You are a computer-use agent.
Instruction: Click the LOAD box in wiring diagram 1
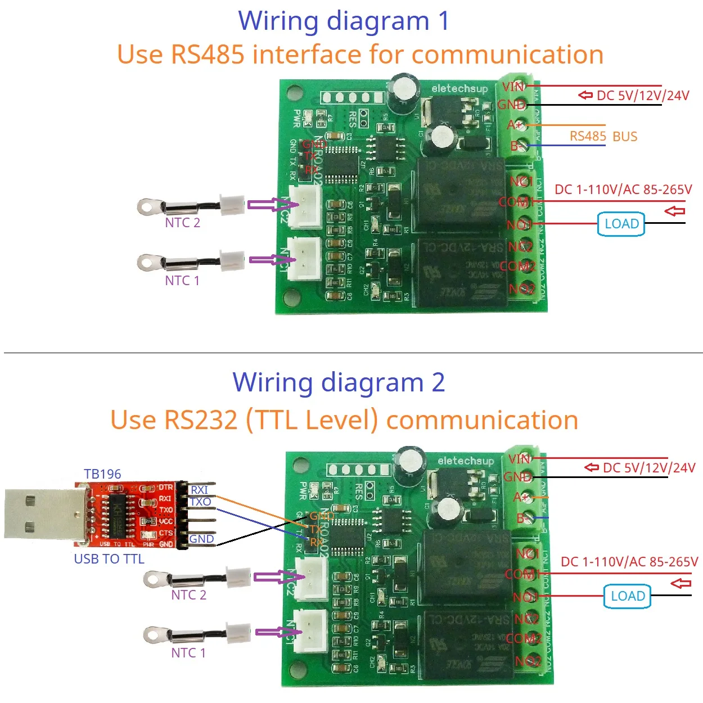click(x=621, y=224)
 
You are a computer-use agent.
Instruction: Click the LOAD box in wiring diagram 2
click(x=627, y=596)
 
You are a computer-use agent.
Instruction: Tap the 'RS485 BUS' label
click(x=603, y=137)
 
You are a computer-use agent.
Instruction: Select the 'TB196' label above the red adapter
click(x=102, y=474)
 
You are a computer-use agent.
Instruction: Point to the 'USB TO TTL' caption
click(x=109, y=558)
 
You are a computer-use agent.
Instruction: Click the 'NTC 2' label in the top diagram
click(x=182, y=223)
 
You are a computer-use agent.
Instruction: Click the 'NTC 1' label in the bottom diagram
click(x=188, y=652)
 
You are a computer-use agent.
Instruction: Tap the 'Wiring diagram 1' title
click(x=344, y=21)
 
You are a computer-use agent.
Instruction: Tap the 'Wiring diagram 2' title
click(x=339, y=382)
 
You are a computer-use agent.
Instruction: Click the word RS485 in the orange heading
click(x=208, y=55)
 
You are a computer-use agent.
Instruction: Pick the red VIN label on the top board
click(x=513, y=87)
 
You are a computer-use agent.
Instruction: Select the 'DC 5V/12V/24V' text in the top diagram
click(x=642, y=96)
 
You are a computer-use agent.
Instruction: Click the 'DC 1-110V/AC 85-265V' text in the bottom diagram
click(x=629, y=561)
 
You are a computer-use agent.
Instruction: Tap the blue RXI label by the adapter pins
click(x=199, y=490)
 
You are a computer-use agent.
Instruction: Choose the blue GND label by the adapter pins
click(x=201, y=539)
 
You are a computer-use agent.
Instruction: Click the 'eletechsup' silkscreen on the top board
click(x=459, y=89)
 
